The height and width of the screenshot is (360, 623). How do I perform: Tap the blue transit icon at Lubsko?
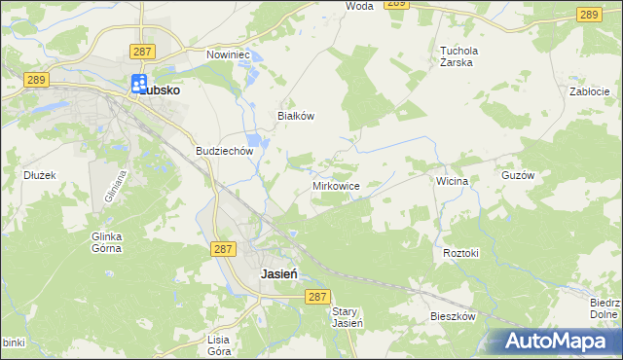coord(139,85)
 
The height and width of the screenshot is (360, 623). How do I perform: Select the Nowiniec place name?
coord(229,55)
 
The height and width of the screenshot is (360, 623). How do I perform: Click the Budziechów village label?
coord(225,152)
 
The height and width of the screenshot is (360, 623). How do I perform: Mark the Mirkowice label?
coord(337,185)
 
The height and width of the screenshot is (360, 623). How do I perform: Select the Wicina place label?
coord(453,181)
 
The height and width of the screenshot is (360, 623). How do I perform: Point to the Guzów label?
coord(545,176)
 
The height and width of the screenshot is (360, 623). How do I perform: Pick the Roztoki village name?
coord(461,253)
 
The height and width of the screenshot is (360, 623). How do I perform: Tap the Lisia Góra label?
coord(218,344)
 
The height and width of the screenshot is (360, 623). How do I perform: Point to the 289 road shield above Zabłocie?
coord(587,14)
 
